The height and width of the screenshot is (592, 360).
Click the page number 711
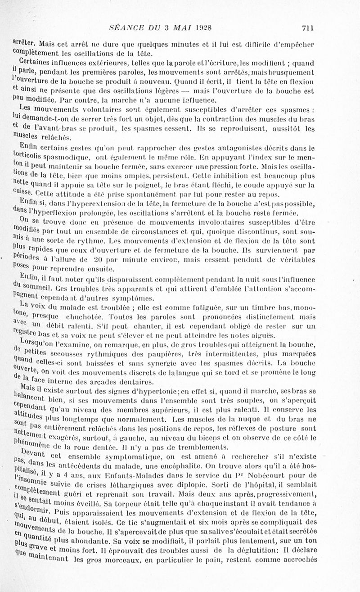pos(307,28)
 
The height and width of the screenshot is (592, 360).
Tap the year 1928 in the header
pos(203,28)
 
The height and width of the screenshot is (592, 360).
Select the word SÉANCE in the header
pos(126,28)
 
